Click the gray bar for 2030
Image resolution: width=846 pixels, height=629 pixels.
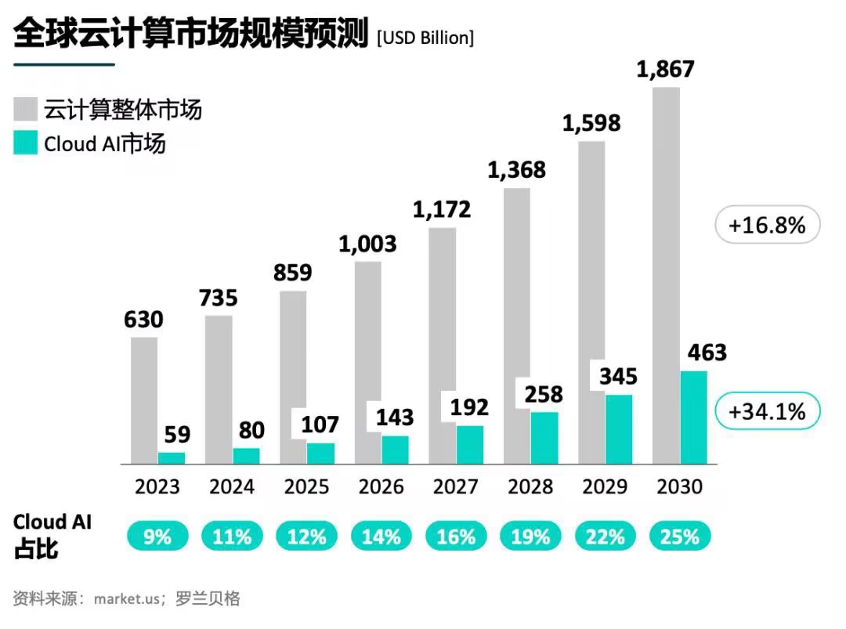coord(666,274)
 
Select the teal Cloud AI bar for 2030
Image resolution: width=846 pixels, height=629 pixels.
coord(693,418)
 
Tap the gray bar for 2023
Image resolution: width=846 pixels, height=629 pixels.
coord(144,400)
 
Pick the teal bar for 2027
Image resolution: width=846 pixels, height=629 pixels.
coord(470,444)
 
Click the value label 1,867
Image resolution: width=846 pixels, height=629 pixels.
coord(665,69)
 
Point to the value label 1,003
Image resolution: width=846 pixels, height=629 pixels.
coord(367,244)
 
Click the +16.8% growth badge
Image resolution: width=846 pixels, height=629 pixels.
coord(767,226)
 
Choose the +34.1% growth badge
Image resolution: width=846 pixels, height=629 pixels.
coord(767,411)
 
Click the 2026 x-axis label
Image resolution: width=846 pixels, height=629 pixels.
coord(381,487)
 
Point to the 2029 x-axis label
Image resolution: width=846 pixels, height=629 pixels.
coord(605,487)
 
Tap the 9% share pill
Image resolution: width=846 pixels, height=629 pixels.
coord(157,537)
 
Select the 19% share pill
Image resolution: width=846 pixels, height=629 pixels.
coord(530,537)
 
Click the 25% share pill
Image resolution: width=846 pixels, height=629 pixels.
coord(679,537)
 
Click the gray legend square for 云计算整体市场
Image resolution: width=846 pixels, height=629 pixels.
coord(26,109)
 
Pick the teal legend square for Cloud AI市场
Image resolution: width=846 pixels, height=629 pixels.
coord(26,143)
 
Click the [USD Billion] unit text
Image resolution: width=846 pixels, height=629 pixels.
coord(425,37)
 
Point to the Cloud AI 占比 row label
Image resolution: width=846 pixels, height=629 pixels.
coord(52,535)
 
